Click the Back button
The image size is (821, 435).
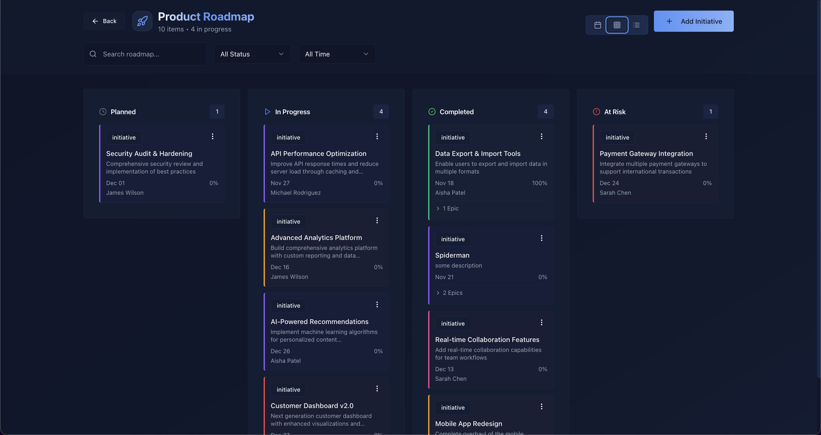click(104, 21)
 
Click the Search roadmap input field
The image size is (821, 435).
click(151, 54)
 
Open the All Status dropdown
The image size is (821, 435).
click(252, 54)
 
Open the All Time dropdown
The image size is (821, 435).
click(337, 54)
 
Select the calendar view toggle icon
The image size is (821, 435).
click(598, 25)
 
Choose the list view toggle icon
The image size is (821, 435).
click(636, 25)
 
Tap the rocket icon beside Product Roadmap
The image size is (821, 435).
click(142, 21)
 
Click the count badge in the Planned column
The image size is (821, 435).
click(217, 112)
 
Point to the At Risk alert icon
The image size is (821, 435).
click(597, 112)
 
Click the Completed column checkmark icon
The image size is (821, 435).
click(432, 112)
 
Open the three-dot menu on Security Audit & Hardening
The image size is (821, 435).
click(213, 137)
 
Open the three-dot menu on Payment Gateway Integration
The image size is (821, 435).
click(706, 137)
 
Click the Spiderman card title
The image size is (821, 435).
click(452, 255)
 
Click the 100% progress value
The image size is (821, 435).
click(539, 183)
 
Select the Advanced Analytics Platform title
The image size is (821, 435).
click(316, 238)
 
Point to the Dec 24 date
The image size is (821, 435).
click(609, 183)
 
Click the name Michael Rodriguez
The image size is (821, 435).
click(296, 193)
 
